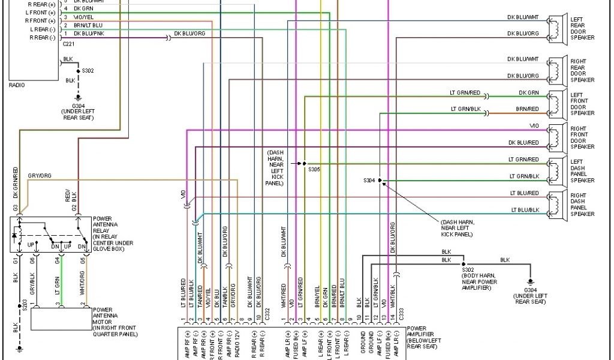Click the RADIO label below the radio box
(x=17, y=85)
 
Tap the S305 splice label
(x=314, y=170)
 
